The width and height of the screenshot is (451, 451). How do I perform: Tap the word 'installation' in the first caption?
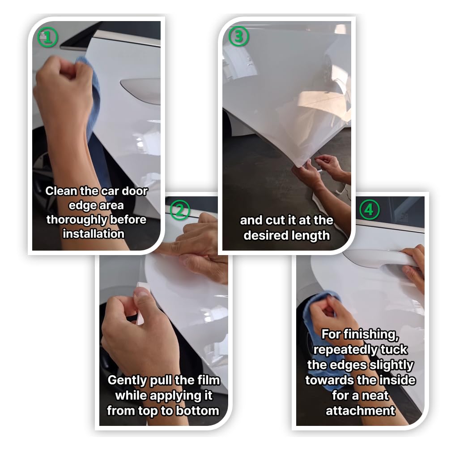93,234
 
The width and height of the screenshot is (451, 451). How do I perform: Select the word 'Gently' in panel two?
127,381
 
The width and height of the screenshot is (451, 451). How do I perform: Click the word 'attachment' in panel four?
360,410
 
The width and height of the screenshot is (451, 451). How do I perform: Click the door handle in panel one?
138,88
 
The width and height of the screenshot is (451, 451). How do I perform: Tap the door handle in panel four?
376,258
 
